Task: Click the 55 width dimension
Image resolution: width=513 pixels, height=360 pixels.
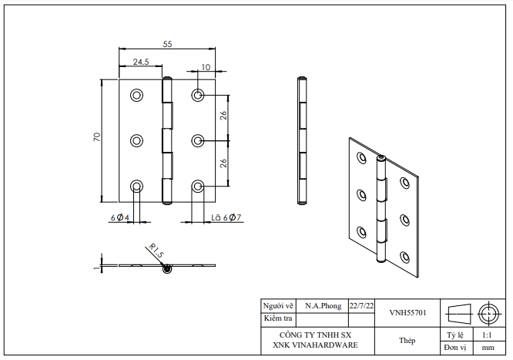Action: pyautogui.click(x=166, y=45)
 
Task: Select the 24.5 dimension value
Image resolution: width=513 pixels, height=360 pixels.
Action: pyautogui.click(x=140, y=62)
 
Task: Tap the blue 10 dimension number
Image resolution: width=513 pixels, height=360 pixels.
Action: pyautogui.click(x=205, y=67)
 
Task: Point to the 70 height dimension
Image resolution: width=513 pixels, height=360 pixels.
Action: pyautogui.click(x=97, y=136)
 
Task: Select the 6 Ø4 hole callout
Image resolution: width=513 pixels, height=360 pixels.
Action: pyautogui.click(x=119, y=218)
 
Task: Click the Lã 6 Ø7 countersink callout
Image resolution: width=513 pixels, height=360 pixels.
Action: pyautogui.click(x=226, y=218)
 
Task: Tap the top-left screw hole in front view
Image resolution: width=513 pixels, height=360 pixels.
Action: pyautogui.click(x=137, y=95)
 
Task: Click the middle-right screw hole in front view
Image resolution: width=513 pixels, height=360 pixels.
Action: pyautogui.click(x=198, y=140)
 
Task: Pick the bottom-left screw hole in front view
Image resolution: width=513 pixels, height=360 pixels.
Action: pyautogui.click(x=137, y=186)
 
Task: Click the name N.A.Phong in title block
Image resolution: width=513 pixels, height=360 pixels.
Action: pyautogui.click(x=323, y=306)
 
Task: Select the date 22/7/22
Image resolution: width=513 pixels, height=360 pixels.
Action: pyautogui.click(x=361, y=306)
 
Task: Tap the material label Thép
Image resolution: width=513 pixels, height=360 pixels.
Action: pyautogui.click(x=407, y=340)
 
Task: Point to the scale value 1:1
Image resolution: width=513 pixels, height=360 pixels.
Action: pyautogui.click(x=488, y=335)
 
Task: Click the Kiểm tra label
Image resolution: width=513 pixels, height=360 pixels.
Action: pyautogui.click(x=278, y=318)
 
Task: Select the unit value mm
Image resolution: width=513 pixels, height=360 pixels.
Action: pyautogui.click(x=488, y=348)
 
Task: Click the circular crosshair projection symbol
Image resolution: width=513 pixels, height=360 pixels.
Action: pyautogui.click(x=488, y=313)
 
